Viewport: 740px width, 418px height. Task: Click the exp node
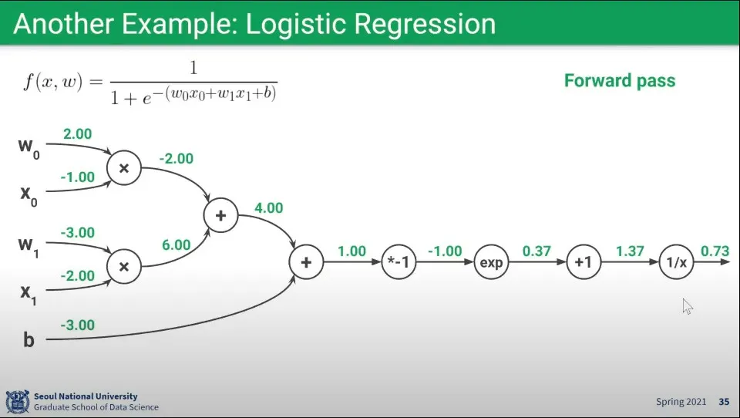[x=491, y=262]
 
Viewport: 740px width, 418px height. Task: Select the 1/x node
[x=676, y=262]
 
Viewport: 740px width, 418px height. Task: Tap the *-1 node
[x=399, y=262]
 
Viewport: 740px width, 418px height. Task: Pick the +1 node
[x=584, y=262]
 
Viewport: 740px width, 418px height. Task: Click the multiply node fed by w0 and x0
[x=124, y=167]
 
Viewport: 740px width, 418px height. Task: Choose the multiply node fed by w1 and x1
[x=124, y=266]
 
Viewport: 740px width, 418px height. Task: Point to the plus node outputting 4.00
[x=221, y=215]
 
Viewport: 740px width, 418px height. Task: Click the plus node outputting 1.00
[x=306, y=262]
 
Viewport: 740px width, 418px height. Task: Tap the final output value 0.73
[x=715, y=251]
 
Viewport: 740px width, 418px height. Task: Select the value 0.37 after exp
[x=536, y=251]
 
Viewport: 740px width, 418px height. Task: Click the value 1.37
[x=630, y=251]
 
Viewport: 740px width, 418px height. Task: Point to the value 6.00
[x=176, y=244]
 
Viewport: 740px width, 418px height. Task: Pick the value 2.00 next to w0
[x=77, y=133]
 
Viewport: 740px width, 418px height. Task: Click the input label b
[x=29, y=339]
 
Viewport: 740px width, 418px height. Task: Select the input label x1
[x=29, y=294]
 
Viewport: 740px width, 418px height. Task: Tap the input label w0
[x=29, y=148]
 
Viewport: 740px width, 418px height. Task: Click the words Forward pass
[x=620, y=81]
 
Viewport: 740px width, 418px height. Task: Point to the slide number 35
[x=724, y=402]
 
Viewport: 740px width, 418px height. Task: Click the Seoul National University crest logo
[x=18, y=402]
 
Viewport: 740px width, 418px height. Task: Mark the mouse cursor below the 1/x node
[x=687, y=306]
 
